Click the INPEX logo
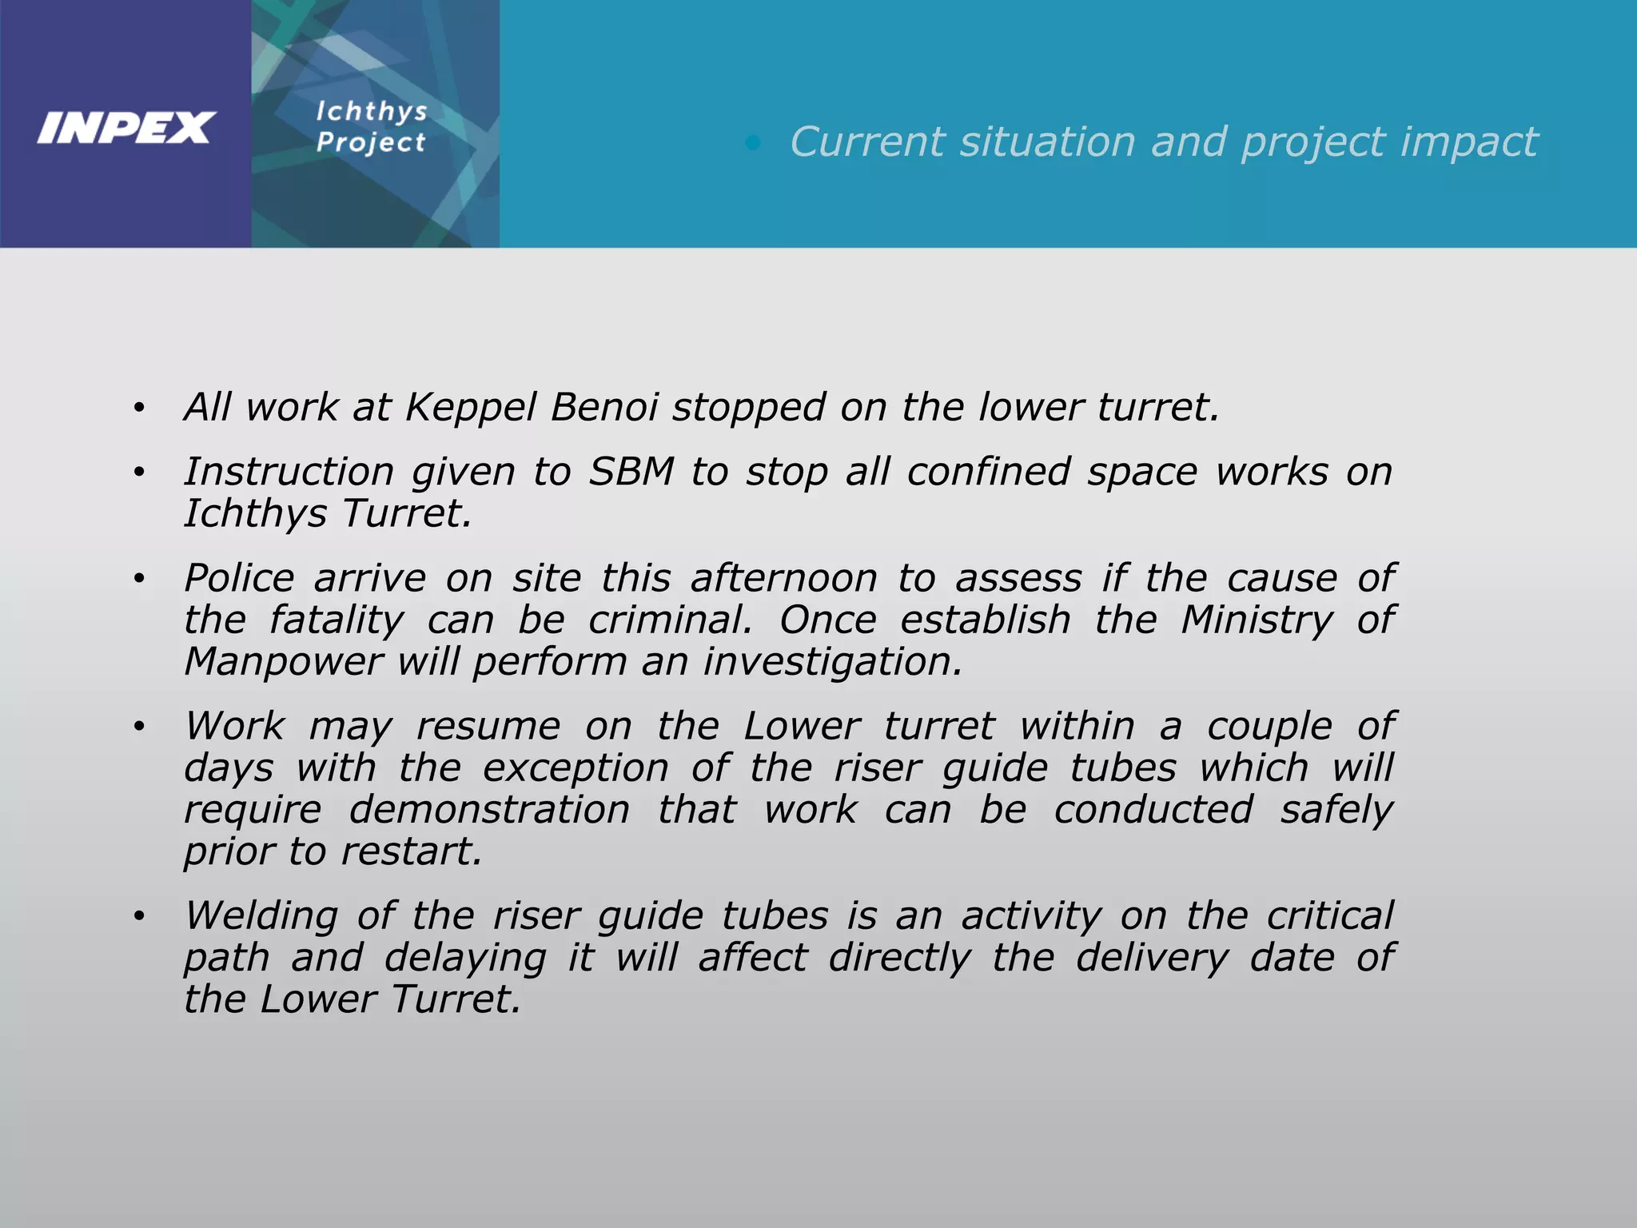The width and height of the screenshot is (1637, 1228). (126, 128)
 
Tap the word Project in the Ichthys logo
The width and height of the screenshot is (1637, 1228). (371, 142)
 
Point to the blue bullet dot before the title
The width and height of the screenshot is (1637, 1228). (752, 143)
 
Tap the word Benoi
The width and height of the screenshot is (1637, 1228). (604, 407)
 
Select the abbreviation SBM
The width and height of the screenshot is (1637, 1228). (631, 472)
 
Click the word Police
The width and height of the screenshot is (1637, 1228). (239, 578)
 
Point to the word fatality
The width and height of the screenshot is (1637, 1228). (337, 620)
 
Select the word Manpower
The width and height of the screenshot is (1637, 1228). (283, 662)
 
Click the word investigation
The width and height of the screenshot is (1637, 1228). (833, 662)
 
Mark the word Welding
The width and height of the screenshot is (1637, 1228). (261, 916)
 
